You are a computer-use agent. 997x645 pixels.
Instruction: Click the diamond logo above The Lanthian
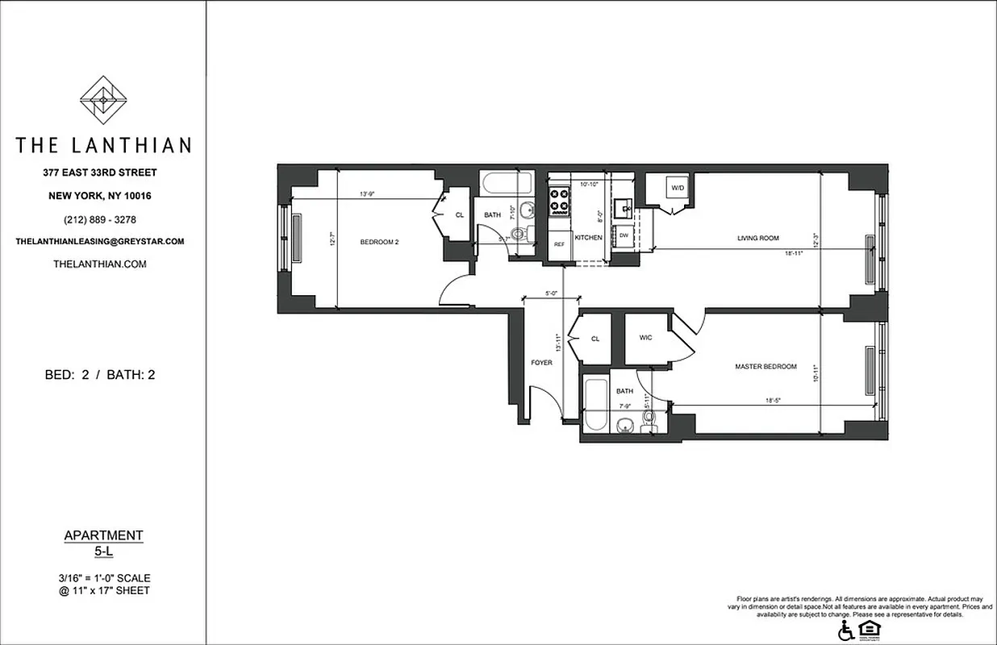coord(102,100)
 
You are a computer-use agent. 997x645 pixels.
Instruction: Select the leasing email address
coord(101,241)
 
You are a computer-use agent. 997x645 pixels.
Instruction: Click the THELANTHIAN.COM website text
coord(99,264)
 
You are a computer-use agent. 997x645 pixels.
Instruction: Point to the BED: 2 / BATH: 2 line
coord(99,374)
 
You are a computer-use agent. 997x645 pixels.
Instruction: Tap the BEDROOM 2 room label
coord(379,242)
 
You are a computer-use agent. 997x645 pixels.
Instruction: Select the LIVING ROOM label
coord(757,238)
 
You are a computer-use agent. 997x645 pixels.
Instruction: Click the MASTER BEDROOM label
coord(765,366)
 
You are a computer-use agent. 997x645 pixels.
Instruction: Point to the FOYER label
coord(541,363)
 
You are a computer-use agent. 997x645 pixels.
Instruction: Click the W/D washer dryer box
coord(675,189)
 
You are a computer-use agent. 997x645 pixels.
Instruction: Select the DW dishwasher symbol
coord(624,235)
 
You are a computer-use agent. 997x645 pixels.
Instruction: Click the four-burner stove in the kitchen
coord(559,202)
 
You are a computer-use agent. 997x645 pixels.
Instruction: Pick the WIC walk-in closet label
coord(645,337)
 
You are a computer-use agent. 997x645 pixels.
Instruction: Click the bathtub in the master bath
coord(594,405)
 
